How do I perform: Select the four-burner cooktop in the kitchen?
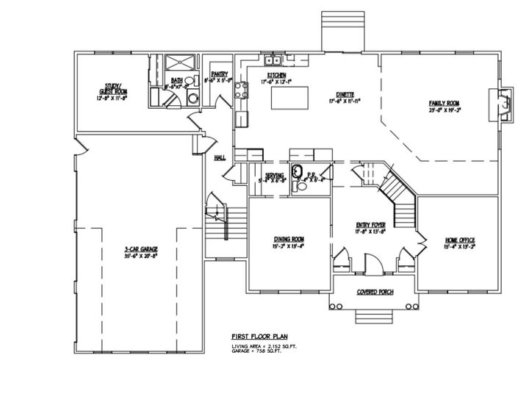pyautogui.click(x=239, y=90)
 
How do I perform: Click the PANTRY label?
pyautogui.click(x=219, y=74)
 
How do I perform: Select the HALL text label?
pyautogui.click(x=219, y=157)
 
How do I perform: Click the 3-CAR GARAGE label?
pyautogui.click(x=141, y=250)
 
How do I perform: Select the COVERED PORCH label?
pyautogui.click(x=375, y=292)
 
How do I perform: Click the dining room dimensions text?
pyautogui.click(x=289, y=246)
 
